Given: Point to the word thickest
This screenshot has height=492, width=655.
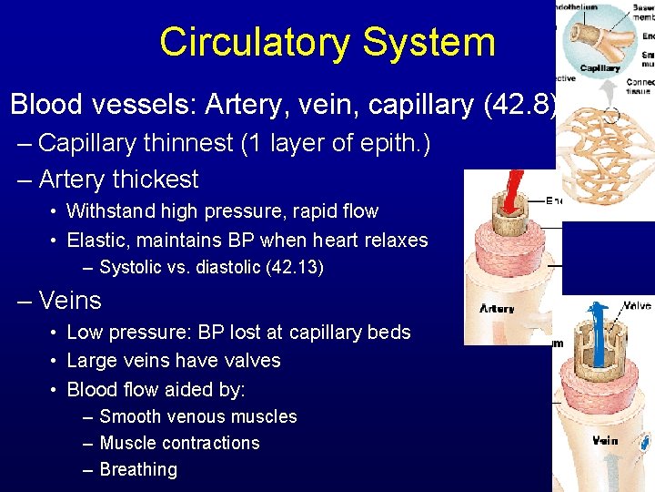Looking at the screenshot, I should pos(155,179).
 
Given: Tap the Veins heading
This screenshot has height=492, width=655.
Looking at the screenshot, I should pos(70,301).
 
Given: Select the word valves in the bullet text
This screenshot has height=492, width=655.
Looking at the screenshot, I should pos(250,361).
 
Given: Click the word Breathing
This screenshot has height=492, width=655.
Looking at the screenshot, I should pos(138,470).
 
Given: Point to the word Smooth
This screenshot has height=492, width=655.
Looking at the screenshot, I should pos(130,417).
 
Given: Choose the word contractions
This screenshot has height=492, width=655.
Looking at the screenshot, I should pos(208,444).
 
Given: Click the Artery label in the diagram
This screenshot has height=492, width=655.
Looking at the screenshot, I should pos(497,309).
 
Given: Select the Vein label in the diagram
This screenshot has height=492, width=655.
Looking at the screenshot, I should pos(605,441).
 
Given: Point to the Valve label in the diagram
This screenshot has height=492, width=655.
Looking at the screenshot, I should pos(636,307).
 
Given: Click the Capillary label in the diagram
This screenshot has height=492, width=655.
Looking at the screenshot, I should pos(600,68).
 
